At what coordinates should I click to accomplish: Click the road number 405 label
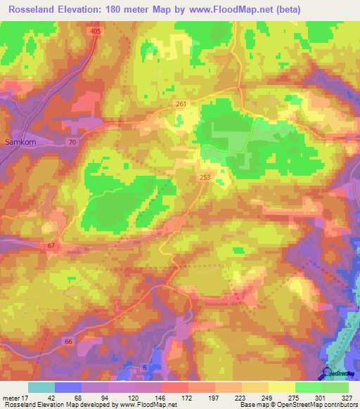coord(96,32)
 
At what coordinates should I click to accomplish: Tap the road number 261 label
coord(181,104)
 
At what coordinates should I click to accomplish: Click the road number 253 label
coord(204,178)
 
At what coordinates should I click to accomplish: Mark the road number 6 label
coord(144,368)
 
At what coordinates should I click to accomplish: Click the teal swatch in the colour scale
coord(41,387)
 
